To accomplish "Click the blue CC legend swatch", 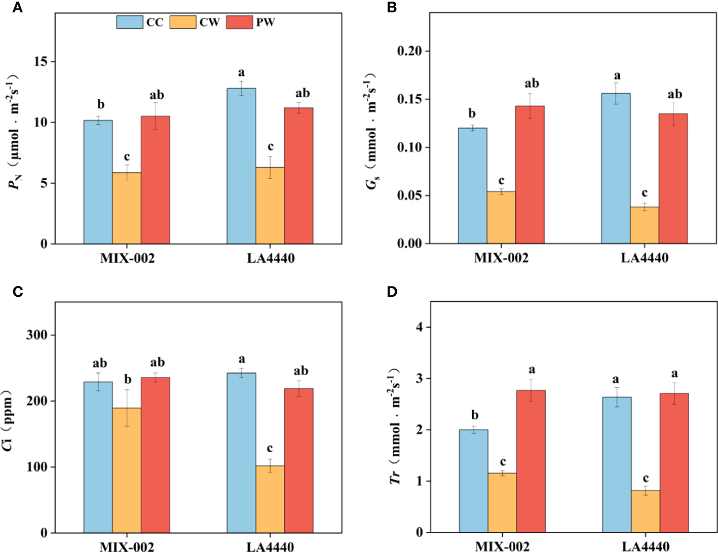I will [x=130, y=22].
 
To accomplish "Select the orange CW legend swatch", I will [x=183, y=22].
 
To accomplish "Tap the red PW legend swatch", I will [x=239, y=22].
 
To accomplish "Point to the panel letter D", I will [x=392, y=292].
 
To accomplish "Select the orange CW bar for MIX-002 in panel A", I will [x=127, y=208].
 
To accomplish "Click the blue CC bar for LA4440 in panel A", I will [x=241, y=166].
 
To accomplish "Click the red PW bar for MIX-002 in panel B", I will [x=530, y=175].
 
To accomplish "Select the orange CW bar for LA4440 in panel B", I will [x=645, y=225].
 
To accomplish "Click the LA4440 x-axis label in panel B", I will [x=645, y=258].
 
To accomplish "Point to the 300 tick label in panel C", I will [x=37, y=335].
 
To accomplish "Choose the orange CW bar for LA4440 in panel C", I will [x=270, y=499].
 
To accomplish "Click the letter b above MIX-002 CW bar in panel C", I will [x=128, y=380].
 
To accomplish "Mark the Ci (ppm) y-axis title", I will [x=7, y=420].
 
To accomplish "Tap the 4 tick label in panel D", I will [x=419, y=327].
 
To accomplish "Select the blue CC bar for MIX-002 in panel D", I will [x=474, y=481].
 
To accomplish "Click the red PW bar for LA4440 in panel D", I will [x=674, y=462].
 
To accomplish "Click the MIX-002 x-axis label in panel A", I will [x=127, y=258].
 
